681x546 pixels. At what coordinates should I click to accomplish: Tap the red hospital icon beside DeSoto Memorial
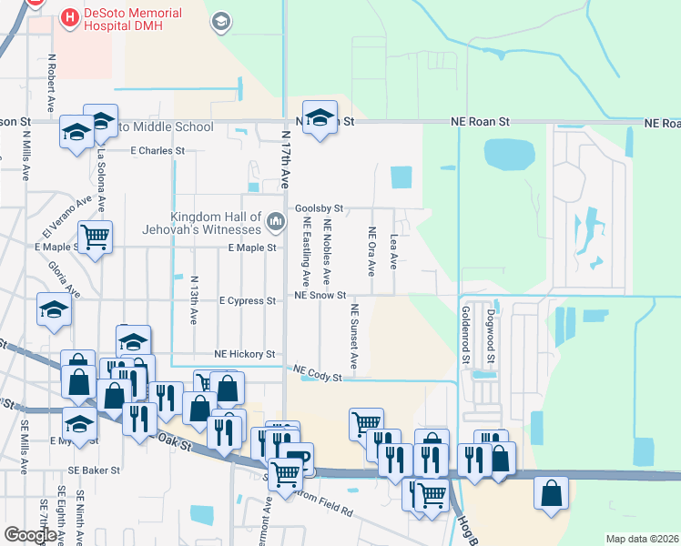click(68, 15)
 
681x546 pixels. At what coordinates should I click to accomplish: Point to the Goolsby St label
click(319, 208)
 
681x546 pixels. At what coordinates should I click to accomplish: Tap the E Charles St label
click(158, 151)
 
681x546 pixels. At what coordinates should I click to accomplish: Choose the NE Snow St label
click(320, 296)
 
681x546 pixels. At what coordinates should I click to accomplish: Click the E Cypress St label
click(248, 300)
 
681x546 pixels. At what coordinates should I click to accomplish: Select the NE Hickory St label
click(244, 354)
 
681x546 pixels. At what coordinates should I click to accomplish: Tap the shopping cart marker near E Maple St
click(95, 238)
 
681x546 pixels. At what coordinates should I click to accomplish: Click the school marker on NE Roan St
click(320, 117)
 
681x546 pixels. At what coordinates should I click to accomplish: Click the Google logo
click(30, 535)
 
